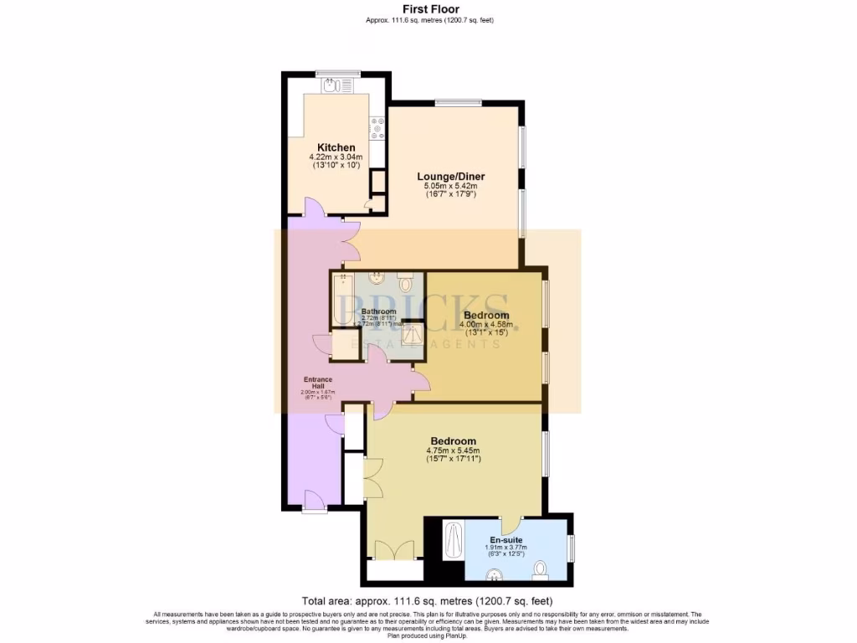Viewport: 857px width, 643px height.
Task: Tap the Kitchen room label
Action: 336,148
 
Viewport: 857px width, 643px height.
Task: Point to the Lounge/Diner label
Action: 451,176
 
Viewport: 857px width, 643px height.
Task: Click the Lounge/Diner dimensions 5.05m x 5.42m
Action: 451,186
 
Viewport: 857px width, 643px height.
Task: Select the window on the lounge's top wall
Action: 458,103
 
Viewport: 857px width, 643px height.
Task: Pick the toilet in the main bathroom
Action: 405,278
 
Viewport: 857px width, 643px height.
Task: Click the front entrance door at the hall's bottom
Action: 315,505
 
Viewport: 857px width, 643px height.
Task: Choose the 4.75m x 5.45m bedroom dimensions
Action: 454,451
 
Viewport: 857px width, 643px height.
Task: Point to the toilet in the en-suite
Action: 540,570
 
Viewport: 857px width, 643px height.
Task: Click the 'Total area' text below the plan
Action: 427,601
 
